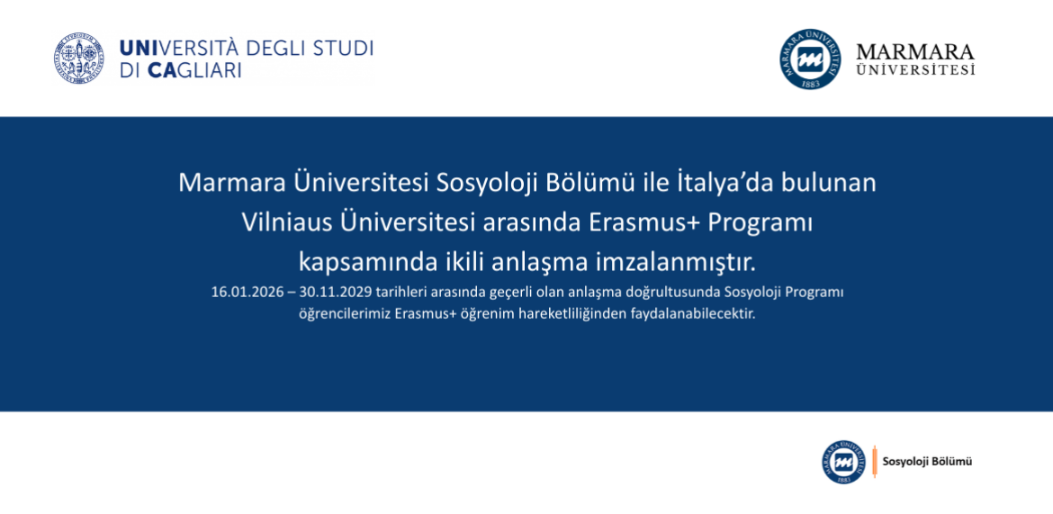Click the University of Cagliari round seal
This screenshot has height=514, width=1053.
(78, 59)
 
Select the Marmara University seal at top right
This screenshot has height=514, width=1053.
(810, 59)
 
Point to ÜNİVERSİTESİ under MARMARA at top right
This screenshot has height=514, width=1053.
(914, 70)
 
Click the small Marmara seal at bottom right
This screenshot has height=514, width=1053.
(843, 462)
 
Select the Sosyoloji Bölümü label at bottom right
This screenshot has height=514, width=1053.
(927, 462)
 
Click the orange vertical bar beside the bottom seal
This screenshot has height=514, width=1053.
(874, 461)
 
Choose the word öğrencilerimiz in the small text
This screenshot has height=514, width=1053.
(345, 315)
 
